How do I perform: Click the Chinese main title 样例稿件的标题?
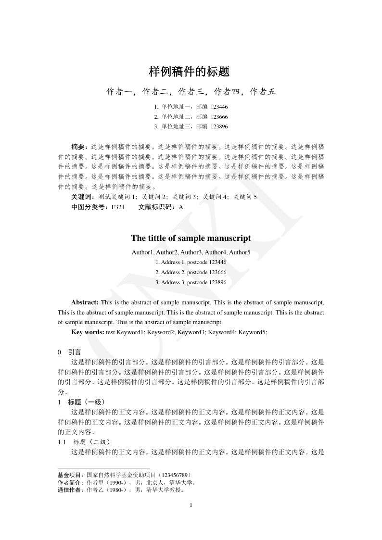pyautogui.click(x=189, y=72)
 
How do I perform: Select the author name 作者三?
pyautogui.click(x=191, y=92)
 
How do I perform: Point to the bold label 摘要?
pyautogui.click(x=78, y=147)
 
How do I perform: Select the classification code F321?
pyautogui.click(x=118, y=207)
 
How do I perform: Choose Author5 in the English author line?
pyautogui.click(x=240, y=252)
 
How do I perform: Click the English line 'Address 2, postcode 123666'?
pyautogui.click(x=191, y=272)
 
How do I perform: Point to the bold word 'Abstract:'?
pyautogui.click(x=85, y=302)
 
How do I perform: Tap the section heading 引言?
pyautogui.click(x=75, y=352)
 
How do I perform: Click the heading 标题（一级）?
pyautogui.click(x=86, y=402)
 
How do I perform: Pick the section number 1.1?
pyautogui.click(x=62, y=442)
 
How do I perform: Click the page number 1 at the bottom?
pyautogui.click(x=191, y=505)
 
